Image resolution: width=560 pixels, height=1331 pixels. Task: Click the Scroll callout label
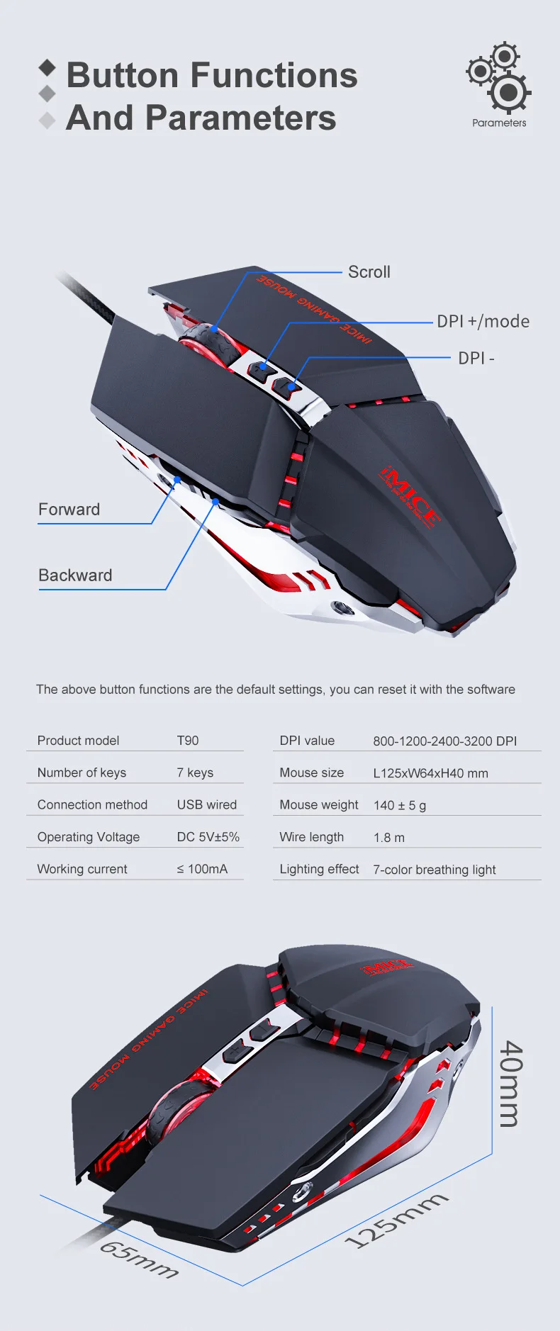tap(369, 272)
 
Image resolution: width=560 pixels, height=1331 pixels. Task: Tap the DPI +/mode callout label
tap(483, 322)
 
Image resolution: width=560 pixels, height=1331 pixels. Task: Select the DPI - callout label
tap(476, 359)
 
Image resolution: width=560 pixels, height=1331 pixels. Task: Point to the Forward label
tap(69, 510)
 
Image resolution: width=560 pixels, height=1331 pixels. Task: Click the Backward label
tap(75, 575)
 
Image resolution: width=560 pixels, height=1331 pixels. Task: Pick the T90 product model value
tap(188, 741)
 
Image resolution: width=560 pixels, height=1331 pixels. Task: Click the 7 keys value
tap(195, 773)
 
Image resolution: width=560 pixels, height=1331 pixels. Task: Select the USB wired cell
tap(207, 805)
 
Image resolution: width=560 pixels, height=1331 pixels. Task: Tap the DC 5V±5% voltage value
tap(208, 837)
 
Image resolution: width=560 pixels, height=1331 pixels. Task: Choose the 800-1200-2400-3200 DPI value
tap(445, 741)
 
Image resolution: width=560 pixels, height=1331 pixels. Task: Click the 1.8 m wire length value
tap(389, 838)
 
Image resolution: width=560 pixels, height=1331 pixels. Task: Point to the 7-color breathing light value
tap(435, 870)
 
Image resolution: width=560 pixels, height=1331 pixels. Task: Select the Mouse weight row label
tap(319, 805)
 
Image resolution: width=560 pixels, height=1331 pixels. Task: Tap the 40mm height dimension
tap(512, 1084)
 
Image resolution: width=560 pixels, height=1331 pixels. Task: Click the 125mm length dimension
tap(396, 1220)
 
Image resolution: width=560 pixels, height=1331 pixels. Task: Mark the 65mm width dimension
tap(139, 1259)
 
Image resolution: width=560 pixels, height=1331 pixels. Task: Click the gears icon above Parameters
tap(499, 77)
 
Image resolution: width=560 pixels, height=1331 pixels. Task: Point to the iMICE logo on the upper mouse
tap(410, 496)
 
